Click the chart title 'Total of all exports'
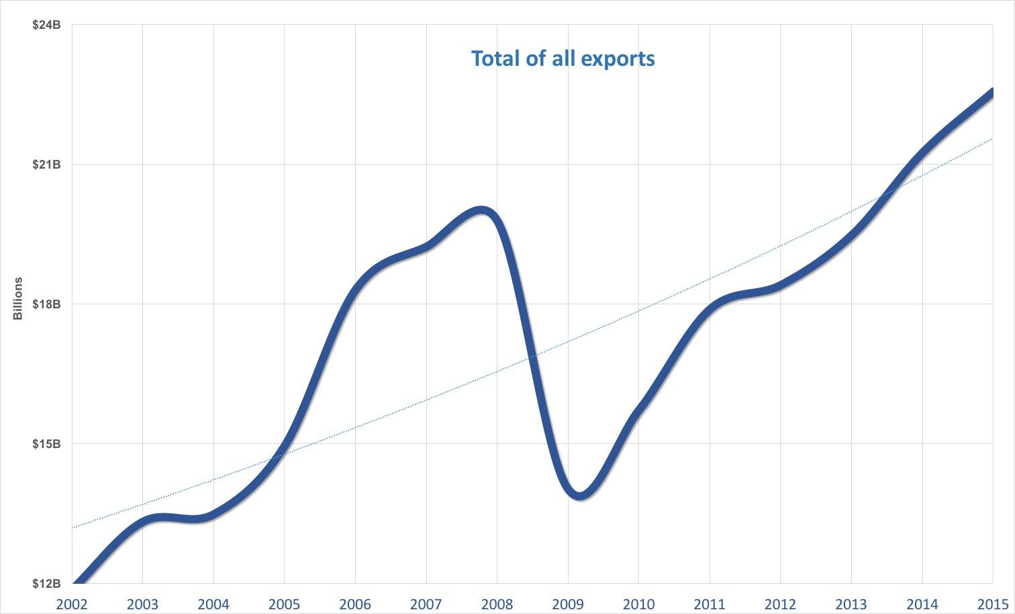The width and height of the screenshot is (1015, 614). click(x=563, y=58)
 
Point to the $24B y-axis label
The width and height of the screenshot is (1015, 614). click(x=46, y=25)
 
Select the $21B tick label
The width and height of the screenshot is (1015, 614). click(x=46, y=165)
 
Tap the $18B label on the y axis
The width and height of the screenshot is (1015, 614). click(x=46, y=304)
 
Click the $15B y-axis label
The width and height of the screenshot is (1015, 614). click(x=46, y=444)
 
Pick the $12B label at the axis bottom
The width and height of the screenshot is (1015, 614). click(x=46, y=584)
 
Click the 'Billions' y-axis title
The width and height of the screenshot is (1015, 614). click(x=18, y=298)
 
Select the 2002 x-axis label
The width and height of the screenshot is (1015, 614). click(x=72, y=604)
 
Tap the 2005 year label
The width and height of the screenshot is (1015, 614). click(x=284, y=604)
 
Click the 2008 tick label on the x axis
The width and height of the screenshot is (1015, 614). click(x=497, y=604)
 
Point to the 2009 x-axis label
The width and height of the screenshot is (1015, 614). click(x=568, y=604)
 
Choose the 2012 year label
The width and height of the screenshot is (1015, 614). click(x=780, y=604)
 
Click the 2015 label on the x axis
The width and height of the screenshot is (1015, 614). click(x=992, y=604)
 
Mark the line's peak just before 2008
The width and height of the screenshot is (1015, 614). click(x=481, y=211)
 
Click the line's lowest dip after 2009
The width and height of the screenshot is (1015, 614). click(x=580, y=496)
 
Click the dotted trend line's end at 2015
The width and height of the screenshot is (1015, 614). click(x=992, y=139)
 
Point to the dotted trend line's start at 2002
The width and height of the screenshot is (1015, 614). click(x=72, y=527)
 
